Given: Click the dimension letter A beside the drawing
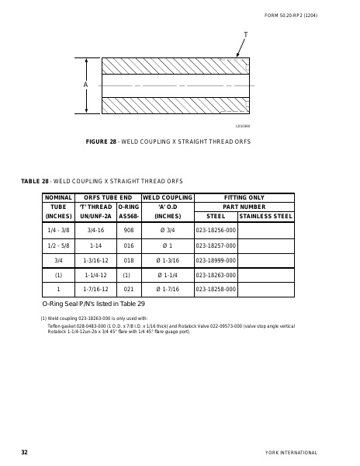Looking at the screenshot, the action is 85,85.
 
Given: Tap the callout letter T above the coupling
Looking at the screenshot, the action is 246,37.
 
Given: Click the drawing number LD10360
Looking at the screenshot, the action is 242,126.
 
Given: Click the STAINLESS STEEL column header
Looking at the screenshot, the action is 266,215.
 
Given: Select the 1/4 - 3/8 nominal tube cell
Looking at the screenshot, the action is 58,230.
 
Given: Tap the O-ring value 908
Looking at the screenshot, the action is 129,230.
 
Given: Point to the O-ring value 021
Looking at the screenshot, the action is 129,290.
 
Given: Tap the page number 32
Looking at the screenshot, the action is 25,452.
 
